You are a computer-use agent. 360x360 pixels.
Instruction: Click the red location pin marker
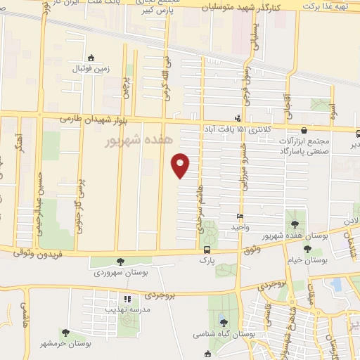[x=181, y=165]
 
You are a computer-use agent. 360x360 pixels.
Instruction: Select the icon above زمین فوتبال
[x=90, y=58]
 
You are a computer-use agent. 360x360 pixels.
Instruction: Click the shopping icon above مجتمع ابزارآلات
[x=303, y=130]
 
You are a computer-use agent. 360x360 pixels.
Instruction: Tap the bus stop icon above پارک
[x=206, y=250]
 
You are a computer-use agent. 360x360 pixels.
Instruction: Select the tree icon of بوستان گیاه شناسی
[x=224, y=323]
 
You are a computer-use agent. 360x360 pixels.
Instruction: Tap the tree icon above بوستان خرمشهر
[x=65, y=333]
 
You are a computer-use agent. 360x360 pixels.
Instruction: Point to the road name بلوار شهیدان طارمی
[x=92, y=120]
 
